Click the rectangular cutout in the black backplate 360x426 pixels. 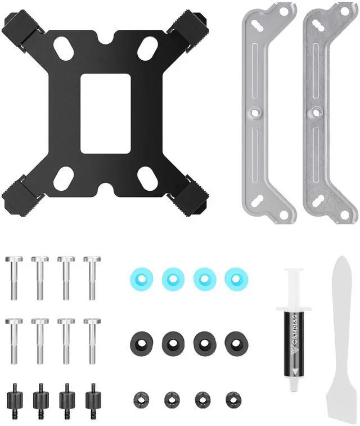click(x=106, y=114)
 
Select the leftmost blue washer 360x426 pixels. click(x=141, y=279)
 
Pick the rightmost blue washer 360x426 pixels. click(x=236, y=279)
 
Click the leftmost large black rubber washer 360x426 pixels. click(x=141, y=342)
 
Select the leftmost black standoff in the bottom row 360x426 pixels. click(x=14, y=399)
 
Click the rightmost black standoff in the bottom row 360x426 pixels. click(x=93, y=399)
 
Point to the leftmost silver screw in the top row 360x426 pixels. click(x=14, y=278)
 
